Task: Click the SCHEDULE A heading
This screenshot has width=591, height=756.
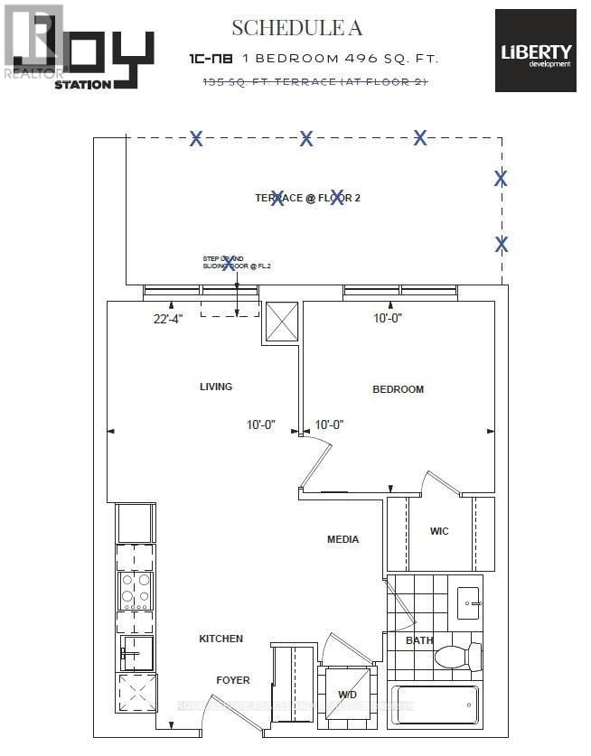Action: click(296, 28)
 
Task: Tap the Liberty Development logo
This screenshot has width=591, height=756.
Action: click(535, 51)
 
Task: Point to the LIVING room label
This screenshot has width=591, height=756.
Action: click(216, 387)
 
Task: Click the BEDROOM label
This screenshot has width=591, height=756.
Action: click(398, 389)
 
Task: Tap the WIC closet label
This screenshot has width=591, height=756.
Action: click(439, 531)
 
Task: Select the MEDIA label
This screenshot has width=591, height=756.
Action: click(342, 539)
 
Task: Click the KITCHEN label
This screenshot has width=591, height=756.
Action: click(221, 639)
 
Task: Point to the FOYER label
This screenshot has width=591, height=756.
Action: click(232, 680)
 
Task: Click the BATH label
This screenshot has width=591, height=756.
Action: click(419, 640)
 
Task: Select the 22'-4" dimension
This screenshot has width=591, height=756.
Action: click(168, 319)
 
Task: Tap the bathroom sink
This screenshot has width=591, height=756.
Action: click(469, 601)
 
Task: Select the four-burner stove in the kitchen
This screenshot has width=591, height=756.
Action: click(136, 592)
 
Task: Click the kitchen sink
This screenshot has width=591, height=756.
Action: click(135, 652)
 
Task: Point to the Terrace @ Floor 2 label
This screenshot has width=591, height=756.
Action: click(307, 198)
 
